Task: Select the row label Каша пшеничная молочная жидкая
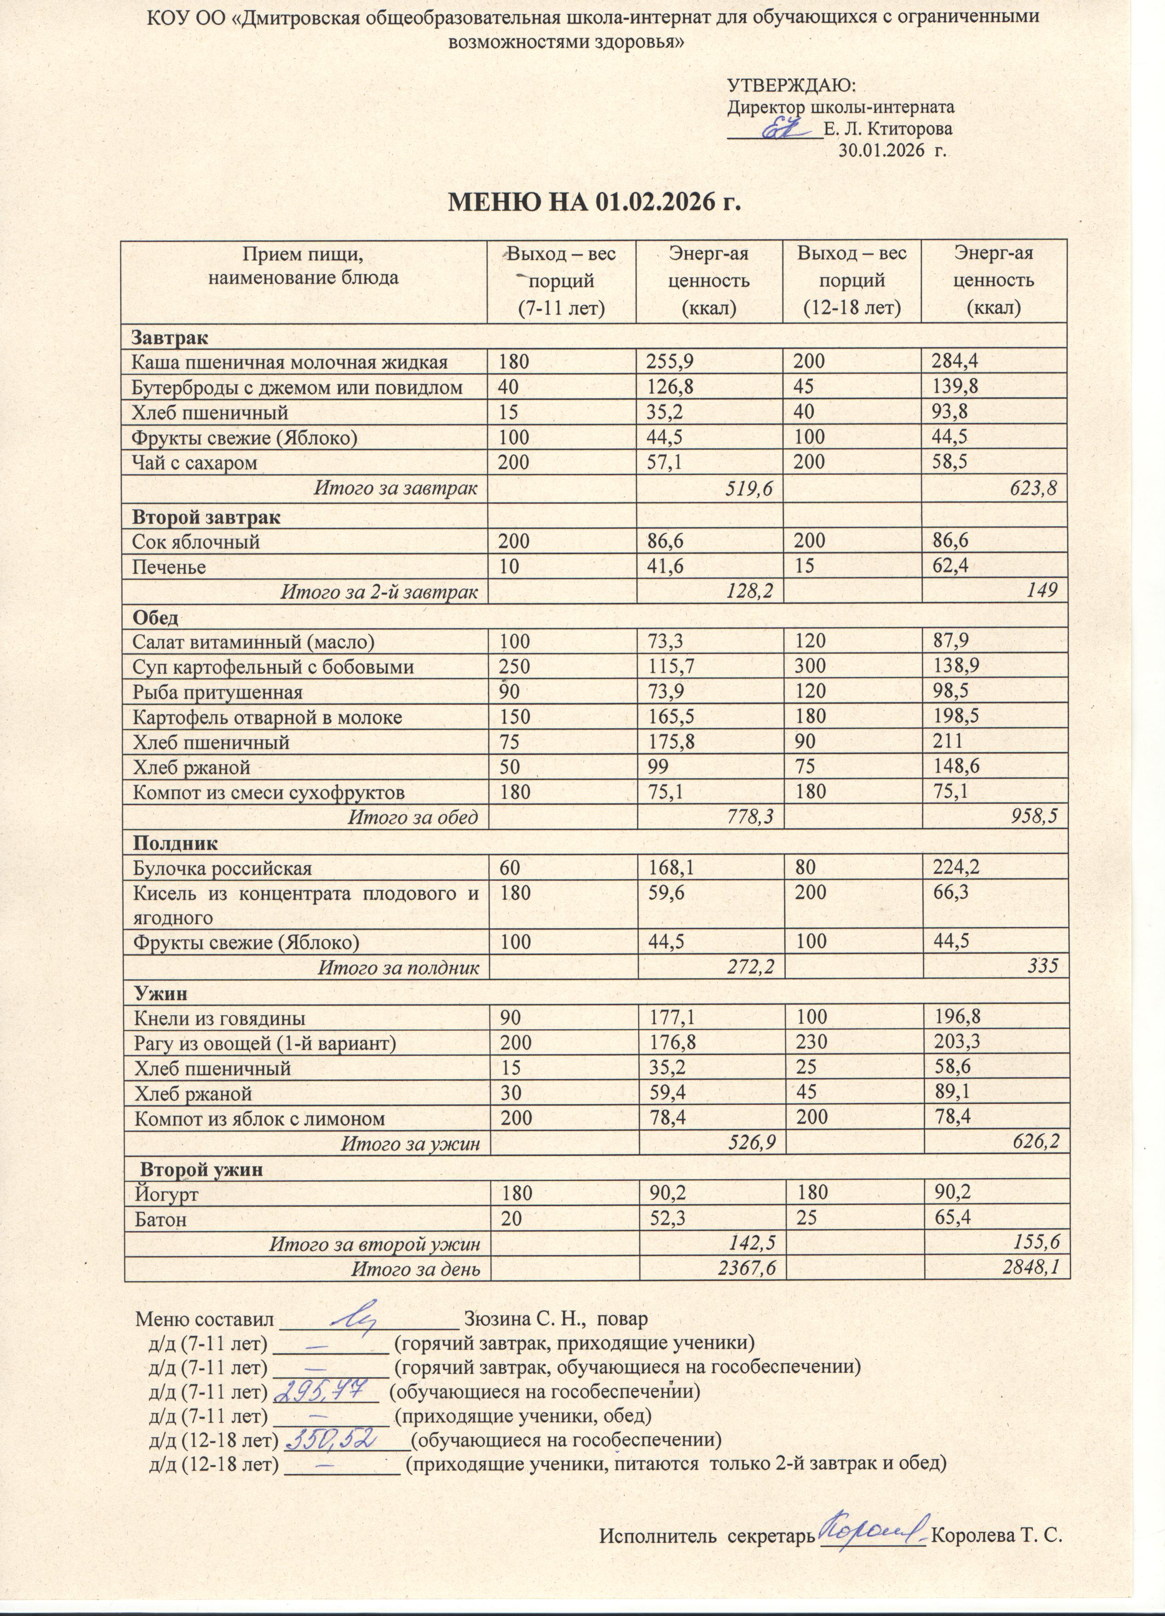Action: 290,362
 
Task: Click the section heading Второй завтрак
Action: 206,517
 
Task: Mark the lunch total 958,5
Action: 1034,817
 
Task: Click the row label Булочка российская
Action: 222,868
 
